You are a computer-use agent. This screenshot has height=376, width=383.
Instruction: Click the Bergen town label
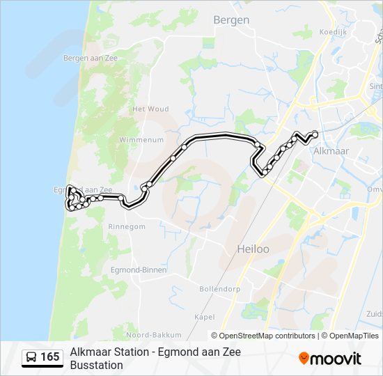click(231, 20)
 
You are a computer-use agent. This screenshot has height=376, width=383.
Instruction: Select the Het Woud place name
click(150, 109)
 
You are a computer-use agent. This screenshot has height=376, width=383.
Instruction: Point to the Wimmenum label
click(141, 139)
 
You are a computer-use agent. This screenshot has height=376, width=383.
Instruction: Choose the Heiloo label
click(253, 249)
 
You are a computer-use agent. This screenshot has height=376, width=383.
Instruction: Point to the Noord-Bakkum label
click(154, 334)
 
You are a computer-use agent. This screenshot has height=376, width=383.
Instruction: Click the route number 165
click(50, 357)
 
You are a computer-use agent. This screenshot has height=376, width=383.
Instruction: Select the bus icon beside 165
click(31, 358)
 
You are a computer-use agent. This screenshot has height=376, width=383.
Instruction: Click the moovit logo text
click(336, 359)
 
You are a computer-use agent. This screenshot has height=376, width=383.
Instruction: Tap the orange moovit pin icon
click(304, 359)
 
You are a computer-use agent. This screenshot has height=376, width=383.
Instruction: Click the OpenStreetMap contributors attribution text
click(267, 336)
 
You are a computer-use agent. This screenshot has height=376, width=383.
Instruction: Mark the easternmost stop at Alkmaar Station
click(315, 134)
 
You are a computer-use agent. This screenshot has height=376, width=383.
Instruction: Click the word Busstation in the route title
click(96, 365)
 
